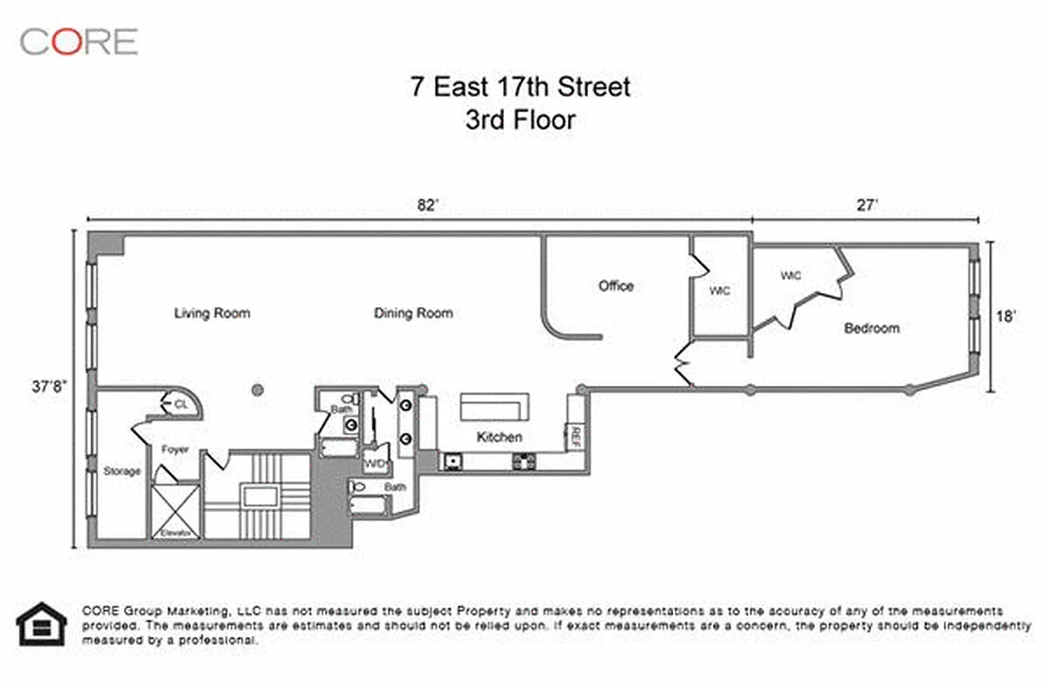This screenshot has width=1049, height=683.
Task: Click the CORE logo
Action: coord(79,41)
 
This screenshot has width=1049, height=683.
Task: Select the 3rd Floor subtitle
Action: coord(519,120)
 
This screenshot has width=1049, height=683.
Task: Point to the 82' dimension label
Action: coord(427,205)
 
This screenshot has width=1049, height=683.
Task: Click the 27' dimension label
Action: coord(868,205)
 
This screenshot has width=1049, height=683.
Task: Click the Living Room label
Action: coord(212,313)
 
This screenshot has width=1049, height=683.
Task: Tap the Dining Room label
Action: coord(413,313)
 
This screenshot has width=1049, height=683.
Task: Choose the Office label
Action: coord(616,286)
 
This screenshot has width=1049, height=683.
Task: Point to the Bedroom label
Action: coord(871,328)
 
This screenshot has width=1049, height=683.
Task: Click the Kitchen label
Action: coord(499,437)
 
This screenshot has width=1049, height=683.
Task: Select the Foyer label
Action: coord(174,450)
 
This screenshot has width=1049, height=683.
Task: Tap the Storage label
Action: coord(122,471)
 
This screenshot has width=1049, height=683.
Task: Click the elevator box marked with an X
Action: coord(175,511)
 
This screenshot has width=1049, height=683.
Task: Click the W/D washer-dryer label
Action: coord(375,464)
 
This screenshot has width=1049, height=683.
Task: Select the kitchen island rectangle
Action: coord(495,406)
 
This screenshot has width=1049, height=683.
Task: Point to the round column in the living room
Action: coord(256,391)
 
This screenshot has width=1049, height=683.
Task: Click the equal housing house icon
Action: coord(41,625)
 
